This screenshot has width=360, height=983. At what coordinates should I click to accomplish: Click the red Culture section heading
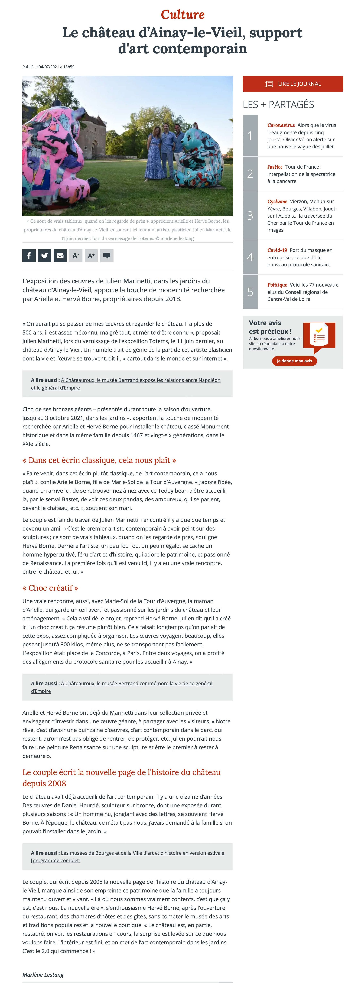[182, 14]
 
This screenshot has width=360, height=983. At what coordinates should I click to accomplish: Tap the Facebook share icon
[29, 256]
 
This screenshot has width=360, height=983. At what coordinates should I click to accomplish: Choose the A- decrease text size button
[76, 256]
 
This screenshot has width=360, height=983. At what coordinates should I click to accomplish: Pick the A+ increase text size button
[91, 256]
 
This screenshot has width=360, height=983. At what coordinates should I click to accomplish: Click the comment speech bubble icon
[107, 256]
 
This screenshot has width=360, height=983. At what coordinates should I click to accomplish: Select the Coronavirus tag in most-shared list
[281, 125]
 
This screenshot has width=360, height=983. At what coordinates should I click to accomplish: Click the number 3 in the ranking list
[250, 216]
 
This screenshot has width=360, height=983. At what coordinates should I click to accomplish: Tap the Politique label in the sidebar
[277, 285]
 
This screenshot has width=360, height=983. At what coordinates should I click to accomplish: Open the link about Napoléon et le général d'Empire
[141, 380]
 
